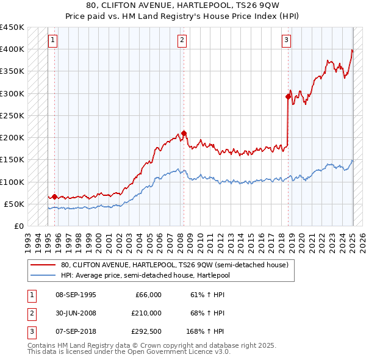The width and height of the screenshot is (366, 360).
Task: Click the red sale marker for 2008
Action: (184, 134)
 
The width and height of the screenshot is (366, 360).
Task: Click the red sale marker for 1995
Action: (54, 196)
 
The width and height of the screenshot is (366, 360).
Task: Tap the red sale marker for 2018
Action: (288, 96)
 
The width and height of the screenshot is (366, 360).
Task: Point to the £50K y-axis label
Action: (15, 204)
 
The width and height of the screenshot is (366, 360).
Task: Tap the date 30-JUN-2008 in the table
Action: (75, 313)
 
